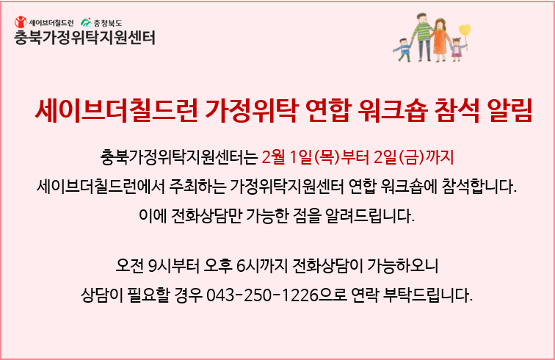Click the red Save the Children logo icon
(x=21, y=22)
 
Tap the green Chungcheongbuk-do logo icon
(x=87, y=23)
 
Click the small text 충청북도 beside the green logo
(x=108, y=24)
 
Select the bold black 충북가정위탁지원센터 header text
(x=84, y=37)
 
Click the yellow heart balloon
(x=465, y=30)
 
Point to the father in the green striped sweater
(x=423, y=37)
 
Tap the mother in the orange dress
(x=440, y=40)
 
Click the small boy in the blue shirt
(x=403, y=50)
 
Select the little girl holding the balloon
(x=457, y=49)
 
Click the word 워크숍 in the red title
(x=393, y=110)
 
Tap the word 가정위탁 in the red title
(x=252, y=110)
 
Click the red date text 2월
(x=273, y=157)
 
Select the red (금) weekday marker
(x=411, y=157)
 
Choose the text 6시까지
(x=261, y=266)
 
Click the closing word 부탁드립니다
(x=428, y=295)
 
